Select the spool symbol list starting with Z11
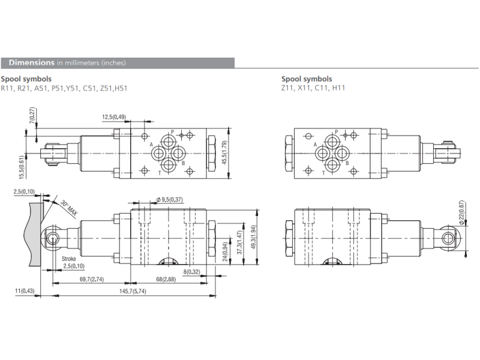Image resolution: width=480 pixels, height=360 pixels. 313,88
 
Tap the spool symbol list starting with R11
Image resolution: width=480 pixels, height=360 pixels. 64,88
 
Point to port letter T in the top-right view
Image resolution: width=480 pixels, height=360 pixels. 323,173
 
